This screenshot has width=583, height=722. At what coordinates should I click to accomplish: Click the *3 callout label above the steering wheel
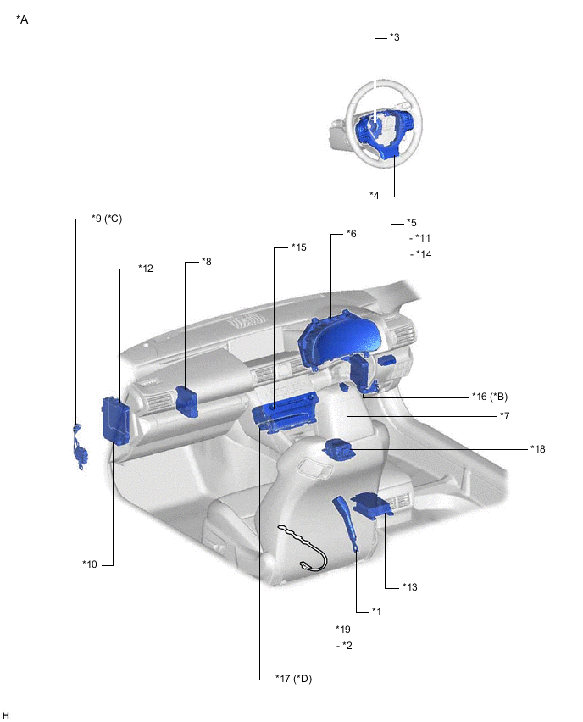(x=395, y=37)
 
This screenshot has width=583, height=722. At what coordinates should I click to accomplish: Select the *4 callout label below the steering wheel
(x=374, y=195)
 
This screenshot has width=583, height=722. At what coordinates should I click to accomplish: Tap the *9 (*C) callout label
(x=107, y=219)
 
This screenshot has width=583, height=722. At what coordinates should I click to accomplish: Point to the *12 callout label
(x=146, y=268)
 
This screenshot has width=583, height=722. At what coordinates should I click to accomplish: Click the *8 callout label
(x=206, y=262)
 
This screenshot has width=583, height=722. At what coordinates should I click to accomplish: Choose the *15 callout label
(x=298, y=247)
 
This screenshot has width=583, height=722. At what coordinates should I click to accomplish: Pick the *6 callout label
(x=351, y=234)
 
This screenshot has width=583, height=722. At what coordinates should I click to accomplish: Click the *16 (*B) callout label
(x=490, y=397)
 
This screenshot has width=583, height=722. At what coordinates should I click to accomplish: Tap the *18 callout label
(x=537, y=448)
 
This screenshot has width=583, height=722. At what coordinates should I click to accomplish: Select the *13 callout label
(x=409, y=586)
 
